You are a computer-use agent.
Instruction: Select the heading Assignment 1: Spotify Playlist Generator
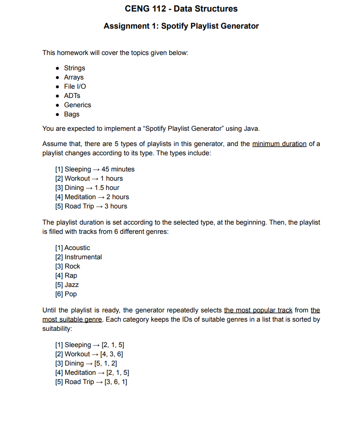point(181,26)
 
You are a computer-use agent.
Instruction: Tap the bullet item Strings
point(74,68)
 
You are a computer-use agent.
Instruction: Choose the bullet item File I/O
point(75,86)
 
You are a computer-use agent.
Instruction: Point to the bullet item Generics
point(77,105)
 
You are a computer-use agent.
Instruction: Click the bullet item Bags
point(72,114)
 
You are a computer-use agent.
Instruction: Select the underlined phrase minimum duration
point(279,144)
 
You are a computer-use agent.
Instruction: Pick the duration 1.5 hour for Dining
point(107,188)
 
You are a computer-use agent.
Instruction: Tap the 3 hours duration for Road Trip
point(116,206)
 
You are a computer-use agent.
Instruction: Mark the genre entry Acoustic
point(77,248)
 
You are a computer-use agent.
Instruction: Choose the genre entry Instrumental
point(83,257)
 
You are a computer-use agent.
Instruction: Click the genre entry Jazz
point(72,285)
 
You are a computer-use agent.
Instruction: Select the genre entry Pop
point(71,294)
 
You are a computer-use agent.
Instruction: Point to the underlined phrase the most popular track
point(258,310)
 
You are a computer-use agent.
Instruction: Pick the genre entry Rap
point(71,275)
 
